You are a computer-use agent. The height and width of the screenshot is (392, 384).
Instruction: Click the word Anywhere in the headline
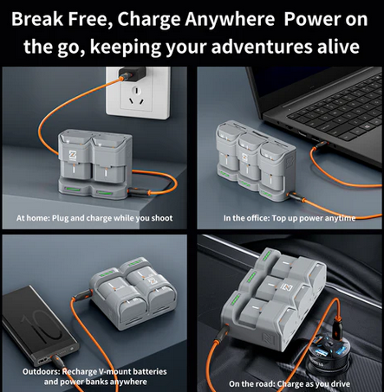230,19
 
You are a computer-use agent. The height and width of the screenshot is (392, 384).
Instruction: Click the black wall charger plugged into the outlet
133,74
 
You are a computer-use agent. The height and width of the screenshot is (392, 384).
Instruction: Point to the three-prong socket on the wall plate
137,96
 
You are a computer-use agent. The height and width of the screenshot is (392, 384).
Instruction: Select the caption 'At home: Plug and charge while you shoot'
94,218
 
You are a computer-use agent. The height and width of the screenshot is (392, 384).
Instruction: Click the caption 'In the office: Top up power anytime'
290,218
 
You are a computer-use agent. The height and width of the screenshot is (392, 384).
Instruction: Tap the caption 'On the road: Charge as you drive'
290,384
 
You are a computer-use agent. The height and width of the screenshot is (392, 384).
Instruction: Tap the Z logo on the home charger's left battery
72,155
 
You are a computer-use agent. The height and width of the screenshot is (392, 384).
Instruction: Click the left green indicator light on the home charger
74,190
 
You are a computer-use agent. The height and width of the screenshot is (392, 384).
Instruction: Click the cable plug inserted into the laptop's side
321,145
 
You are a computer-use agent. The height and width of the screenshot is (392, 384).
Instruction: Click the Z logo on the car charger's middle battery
287,287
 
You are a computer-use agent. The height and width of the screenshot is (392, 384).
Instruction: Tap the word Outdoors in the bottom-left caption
41,371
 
